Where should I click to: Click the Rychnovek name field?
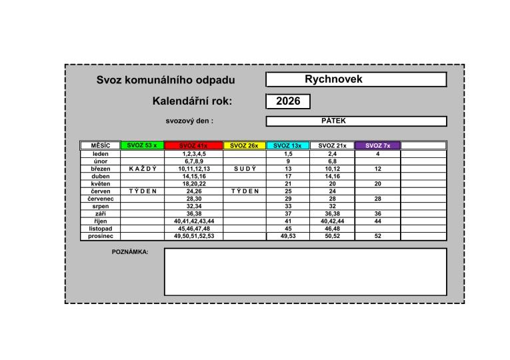coord(355,79)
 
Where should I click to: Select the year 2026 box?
coord(288,101)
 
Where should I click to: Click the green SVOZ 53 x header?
coord(142,145)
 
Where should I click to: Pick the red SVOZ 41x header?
coord(193,146)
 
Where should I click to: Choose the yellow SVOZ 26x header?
coord(244,146)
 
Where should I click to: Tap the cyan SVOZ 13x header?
coord(287,146)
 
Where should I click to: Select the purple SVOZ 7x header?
coord(377,145)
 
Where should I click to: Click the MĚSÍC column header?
coord(100,145)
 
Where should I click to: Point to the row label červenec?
coord(100,199)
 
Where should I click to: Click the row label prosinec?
coord(100,236)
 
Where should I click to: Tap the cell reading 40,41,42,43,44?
coord(194,221)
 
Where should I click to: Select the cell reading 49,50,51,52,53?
coord(194,236)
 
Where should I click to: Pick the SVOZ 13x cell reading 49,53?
coord(287,236)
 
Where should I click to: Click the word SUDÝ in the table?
coord(244,169)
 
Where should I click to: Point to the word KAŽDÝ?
coord(142,169)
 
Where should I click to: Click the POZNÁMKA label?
coord(130,252)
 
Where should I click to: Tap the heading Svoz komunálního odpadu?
coord(166,80)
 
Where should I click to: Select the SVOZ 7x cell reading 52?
coord(377,236)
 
